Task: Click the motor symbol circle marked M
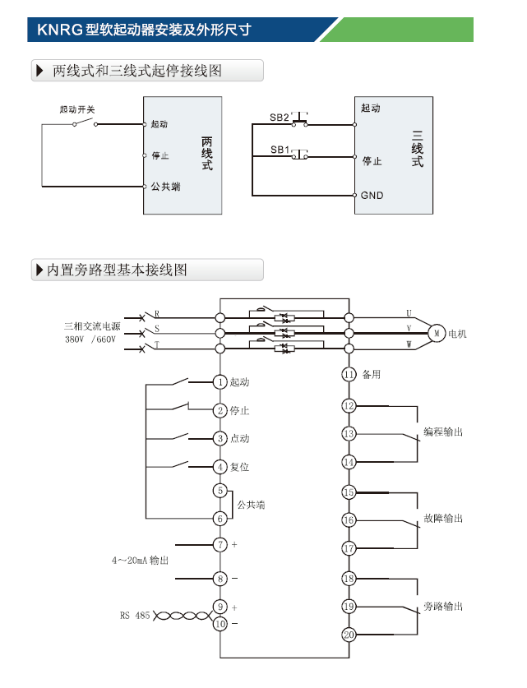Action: point(437,333)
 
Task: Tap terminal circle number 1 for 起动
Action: point(220,382)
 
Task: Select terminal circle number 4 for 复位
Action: point(220,467)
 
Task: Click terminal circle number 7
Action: point(220,544)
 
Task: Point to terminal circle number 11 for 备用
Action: point(349,375)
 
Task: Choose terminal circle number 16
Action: point(349,519)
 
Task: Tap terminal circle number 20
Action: point(349,635)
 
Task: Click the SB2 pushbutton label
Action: point(280,118)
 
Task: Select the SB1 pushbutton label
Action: point(280,150)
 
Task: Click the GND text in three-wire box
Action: point(372,196)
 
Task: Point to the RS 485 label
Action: point(135,615)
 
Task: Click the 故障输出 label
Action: point(443,519)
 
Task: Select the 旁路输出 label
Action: point(443,607)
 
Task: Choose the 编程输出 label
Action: point(443,432)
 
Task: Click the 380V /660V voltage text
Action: point(90,339)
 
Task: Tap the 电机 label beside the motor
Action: point(457,334)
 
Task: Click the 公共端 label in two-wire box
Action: point(165,187)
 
